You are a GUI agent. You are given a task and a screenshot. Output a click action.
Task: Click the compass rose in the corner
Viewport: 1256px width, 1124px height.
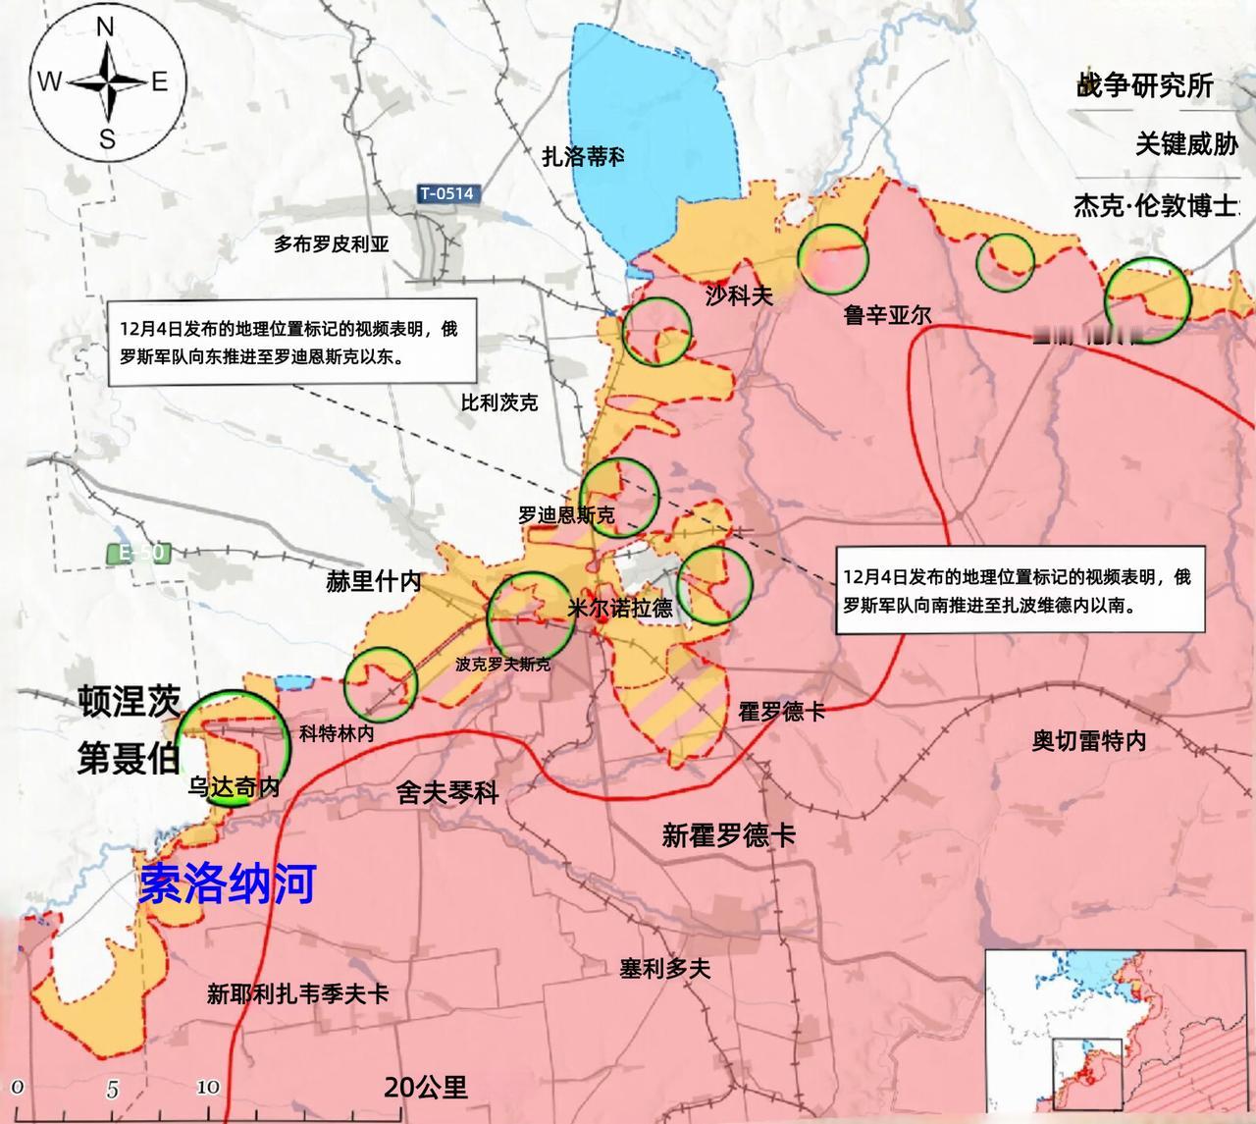pos(104,82)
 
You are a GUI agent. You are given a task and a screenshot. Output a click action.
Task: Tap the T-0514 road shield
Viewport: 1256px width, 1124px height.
pos(446,193)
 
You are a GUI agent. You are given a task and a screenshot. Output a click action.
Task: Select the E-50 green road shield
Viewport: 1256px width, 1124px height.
pos(136,554)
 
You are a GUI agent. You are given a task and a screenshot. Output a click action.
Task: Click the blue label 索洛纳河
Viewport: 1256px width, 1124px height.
pos(228,883)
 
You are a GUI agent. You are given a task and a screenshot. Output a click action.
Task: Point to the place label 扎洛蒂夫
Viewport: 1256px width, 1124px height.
pos(583,156)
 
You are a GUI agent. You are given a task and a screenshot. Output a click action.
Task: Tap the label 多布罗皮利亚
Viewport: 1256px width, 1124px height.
pos(332,244)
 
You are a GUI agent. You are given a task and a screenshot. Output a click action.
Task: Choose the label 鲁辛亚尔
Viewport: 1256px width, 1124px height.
pos(887,314)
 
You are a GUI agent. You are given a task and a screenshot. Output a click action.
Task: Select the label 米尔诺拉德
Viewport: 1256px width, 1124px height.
pos(620,608)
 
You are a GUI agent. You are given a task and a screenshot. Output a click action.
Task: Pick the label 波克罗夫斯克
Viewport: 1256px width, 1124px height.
pos(502,665)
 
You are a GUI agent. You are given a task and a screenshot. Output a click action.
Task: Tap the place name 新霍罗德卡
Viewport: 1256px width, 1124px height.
pos(728,835)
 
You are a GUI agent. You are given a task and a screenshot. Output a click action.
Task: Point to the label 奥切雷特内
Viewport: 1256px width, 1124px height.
pos(1088,740)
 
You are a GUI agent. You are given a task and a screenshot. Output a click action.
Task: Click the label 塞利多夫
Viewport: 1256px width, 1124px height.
pos(664,968)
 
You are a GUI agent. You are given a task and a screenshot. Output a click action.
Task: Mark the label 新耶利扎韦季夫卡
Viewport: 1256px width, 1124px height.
pos(297,993)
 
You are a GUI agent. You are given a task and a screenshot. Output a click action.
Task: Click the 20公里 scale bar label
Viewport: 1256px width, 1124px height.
pos(426,1087)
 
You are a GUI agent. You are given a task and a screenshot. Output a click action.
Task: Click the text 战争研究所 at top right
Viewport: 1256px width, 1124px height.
pos(1144,86)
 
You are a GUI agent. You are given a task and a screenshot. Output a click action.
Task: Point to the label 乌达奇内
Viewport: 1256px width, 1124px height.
pos(235,786)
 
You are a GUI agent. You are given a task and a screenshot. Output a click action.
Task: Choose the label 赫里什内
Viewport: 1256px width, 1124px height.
pos(373,581)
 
